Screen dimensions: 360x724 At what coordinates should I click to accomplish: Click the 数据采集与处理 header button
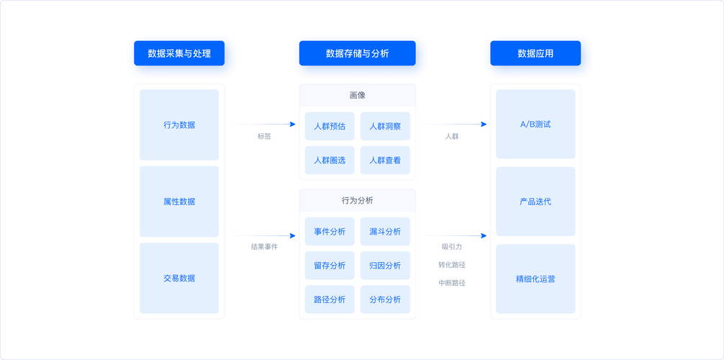(x=179, y=53)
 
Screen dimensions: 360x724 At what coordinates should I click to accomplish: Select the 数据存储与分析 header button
(x=357, y=53)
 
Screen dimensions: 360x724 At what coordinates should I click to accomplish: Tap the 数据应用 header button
(x=535, y=53)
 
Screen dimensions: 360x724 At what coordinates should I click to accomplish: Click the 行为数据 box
(x=179, y=125)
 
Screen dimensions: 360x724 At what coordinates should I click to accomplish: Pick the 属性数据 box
(x=179, y=202)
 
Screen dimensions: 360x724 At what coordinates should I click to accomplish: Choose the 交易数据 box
(x=179, y=278)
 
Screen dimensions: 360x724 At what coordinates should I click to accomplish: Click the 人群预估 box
(x=330, y=126)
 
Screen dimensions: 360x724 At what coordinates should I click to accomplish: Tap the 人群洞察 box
(x=385, y=126)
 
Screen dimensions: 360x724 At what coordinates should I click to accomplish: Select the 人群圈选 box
(x=330, y=160)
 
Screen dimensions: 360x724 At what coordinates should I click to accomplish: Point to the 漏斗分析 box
(x=385, y=231)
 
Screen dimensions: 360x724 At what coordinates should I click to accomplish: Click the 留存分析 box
(x=330, y=265)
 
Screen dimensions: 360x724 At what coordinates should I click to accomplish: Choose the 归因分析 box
(x=385, y=265)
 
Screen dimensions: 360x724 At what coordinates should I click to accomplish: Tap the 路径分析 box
(x=330, y=299)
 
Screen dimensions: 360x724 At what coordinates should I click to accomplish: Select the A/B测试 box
(x=535, y=124)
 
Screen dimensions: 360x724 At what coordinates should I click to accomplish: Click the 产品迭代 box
(x=535, y=202)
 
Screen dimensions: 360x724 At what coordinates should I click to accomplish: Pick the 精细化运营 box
(x=535, y=279)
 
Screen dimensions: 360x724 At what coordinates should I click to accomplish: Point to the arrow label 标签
(x=264, y=136)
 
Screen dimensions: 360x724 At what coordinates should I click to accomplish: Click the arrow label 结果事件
(x=264, y=247)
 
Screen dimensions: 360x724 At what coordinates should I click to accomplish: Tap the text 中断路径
(x=452, y=283)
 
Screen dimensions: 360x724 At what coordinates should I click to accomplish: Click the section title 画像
(x=357, y=95)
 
